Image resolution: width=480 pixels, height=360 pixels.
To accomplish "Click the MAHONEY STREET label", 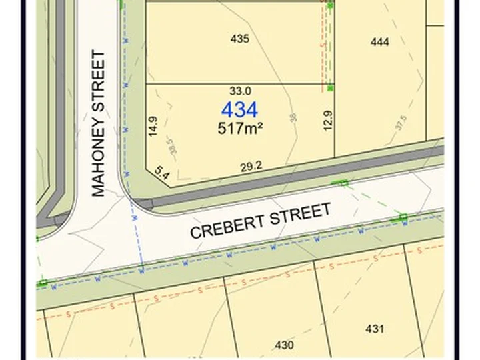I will tap(98, 124).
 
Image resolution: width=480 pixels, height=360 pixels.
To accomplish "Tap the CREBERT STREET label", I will tap(261, 221).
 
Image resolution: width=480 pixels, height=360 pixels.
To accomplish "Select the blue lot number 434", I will tap(239, 110).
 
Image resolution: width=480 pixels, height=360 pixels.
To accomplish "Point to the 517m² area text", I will tap(239, 128).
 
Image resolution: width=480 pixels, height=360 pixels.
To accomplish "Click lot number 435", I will tap(239, 39).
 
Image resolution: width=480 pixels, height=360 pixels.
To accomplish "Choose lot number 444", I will tap(379, 42).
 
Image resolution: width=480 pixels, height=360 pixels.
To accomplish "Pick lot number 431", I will tap(375, 328).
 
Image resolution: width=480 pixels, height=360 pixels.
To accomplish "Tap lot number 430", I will tap(284, 345).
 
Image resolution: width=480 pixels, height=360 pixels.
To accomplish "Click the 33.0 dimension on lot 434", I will tap(240, 91).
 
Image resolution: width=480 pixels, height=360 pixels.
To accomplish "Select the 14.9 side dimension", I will tap(153, 126).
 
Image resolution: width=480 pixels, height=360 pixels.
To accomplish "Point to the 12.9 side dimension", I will tap(327, 121).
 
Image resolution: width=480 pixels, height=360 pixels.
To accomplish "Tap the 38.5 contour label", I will tap(173, 147).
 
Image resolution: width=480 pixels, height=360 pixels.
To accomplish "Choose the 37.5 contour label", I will tap(401, 123).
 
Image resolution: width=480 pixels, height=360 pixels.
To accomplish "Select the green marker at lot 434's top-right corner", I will tap(331, 87).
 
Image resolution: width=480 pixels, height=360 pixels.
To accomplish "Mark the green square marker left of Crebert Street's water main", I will tap(43, 283).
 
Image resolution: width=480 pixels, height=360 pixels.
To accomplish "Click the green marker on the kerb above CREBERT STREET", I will tap(344, 182).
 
